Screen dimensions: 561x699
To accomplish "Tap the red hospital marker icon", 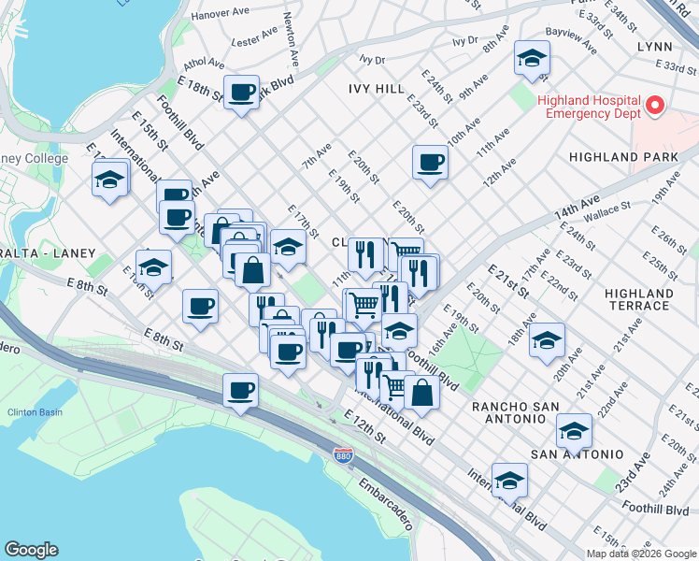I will pyautogui.click(x=654, y=106).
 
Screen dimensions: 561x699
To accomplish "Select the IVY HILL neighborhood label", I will pyautogui.click(x=377, y=88).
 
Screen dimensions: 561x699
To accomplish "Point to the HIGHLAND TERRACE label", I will pyautogui.click(x=638, y=299).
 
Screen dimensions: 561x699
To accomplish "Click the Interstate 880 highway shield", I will pyautogui.click(x=343, y=454).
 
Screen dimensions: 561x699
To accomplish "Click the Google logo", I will pyautogui.click(x=31, y=550).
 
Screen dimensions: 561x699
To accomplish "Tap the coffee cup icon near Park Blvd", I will pyautogui.click(x=242, y=92).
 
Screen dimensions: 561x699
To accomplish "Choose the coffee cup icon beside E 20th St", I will pyautogui.click(x=431, y=162).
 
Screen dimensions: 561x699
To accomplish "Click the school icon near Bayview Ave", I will pyautogui.click(x=532, y=60).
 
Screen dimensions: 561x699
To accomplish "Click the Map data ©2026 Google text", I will pyautogui.click(x=641, y=553).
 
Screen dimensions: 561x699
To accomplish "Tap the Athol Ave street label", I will pyautogui.click(x=205, y=64).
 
